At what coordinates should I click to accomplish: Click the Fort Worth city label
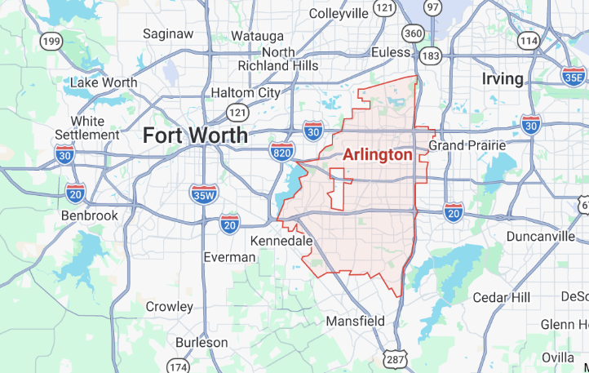[195, 135]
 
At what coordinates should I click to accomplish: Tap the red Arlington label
[377, 154]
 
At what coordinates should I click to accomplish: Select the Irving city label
[502, 79]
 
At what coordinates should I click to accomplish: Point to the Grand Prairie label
[467, 145]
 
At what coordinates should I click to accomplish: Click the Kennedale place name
[281, 242]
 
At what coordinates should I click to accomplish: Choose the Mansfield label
[355, 321]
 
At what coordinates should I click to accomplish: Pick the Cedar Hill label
[501, 296]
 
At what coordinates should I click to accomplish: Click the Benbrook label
[90, 215]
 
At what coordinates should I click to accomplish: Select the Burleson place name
[201, 343]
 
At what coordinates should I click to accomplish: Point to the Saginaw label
[167, 33]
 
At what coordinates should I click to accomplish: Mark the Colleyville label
[339, 13]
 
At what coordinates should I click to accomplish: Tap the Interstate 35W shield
[203, 194]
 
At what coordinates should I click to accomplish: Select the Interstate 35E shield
[573, 76]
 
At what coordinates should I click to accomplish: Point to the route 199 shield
[52, 41]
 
